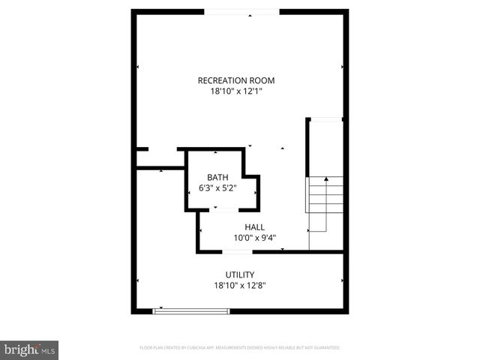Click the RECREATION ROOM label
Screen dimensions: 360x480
coord(235,80)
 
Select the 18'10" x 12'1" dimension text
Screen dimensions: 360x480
coord(235,92)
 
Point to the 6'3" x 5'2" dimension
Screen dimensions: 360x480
coord(218,189)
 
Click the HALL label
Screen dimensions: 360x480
coord(254,227)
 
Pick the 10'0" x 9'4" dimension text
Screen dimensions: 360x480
coord(254,238)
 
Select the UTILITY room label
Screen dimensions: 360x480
coord(240,274)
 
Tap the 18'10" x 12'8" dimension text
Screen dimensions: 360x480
coord(240,286)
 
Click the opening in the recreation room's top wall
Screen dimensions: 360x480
coord(241,12)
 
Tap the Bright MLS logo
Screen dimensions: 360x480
coord(29,349)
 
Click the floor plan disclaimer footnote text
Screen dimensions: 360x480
coord(240,348)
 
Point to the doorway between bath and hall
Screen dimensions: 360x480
coord(217,211)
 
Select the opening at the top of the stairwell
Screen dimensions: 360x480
coord(326,118)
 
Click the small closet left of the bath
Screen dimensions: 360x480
coord(160,159)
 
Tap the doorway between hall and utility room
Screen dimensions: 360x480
coord(238,252)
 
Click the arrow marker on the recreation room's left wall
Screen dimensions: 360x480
coord(138,67)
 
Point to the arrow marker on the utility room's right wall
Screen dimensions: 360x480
coord(342,282)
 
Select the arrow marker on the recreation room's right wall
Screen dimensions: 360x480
coord(342,67)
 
